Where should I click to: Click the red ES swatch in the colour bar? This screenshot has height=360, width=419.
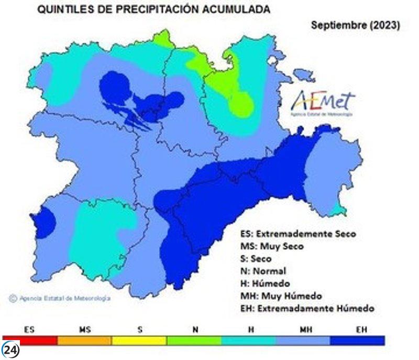(x=30, y=341)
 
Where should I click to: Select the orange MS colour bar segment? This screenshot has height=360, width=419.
(x=84, y=341)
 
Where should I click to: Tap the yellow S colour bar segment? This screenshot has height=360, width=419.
(x=139, y=341)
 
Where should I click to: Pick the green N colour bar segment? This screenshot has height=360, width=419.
(x=194, y=341)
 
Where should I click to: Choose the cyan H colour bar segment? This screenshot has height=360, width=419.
(x=249, y=341)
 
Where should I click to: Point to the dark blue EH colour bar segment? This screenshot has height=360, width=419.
(x=357, y=341)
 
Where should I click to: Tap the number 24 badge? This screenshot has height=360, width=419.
(x=10, y=350)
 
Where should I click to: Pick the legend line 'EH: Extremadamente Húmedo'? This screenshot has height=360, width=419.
(x=307, y=309)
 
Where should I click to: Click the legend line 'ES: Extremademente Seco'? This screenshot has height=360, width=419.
(x=297, y=233)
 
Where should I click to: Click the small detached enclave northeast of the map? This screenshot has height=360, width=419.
(x=304, y=75)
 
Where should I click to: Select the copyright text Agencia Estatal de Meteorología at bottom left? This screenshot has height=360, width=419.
(x=60, y=298)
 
